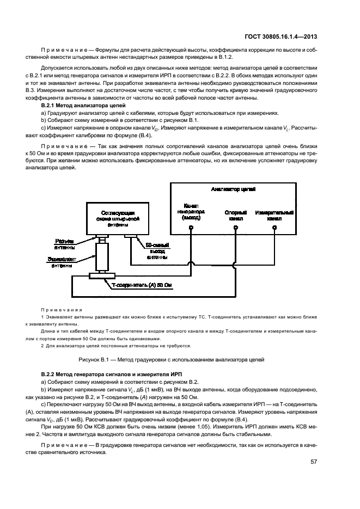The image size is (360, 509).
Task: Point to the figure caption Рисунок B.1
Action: [180, 359]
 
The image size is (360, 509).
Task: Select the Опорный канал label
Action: [235, 213]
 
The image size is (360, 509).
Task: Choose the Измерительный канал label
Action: [275, 213]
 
